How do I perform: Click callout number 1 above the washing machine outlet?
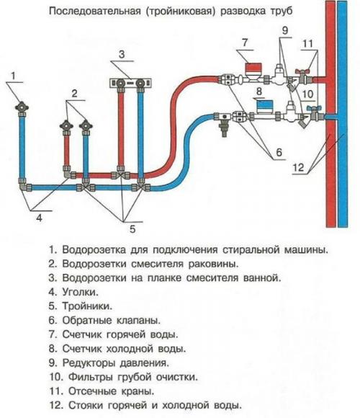pos(14,74)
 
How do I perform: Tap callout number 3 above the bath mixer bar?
pos(122,54)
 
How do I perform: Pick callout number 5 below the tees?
pos(132,229)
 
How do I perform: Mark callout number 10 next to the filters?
pos(307,94)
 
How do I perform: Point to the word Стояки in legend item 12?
pos(85,404)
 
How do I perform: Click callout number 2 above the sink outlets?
pos(73,94)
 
